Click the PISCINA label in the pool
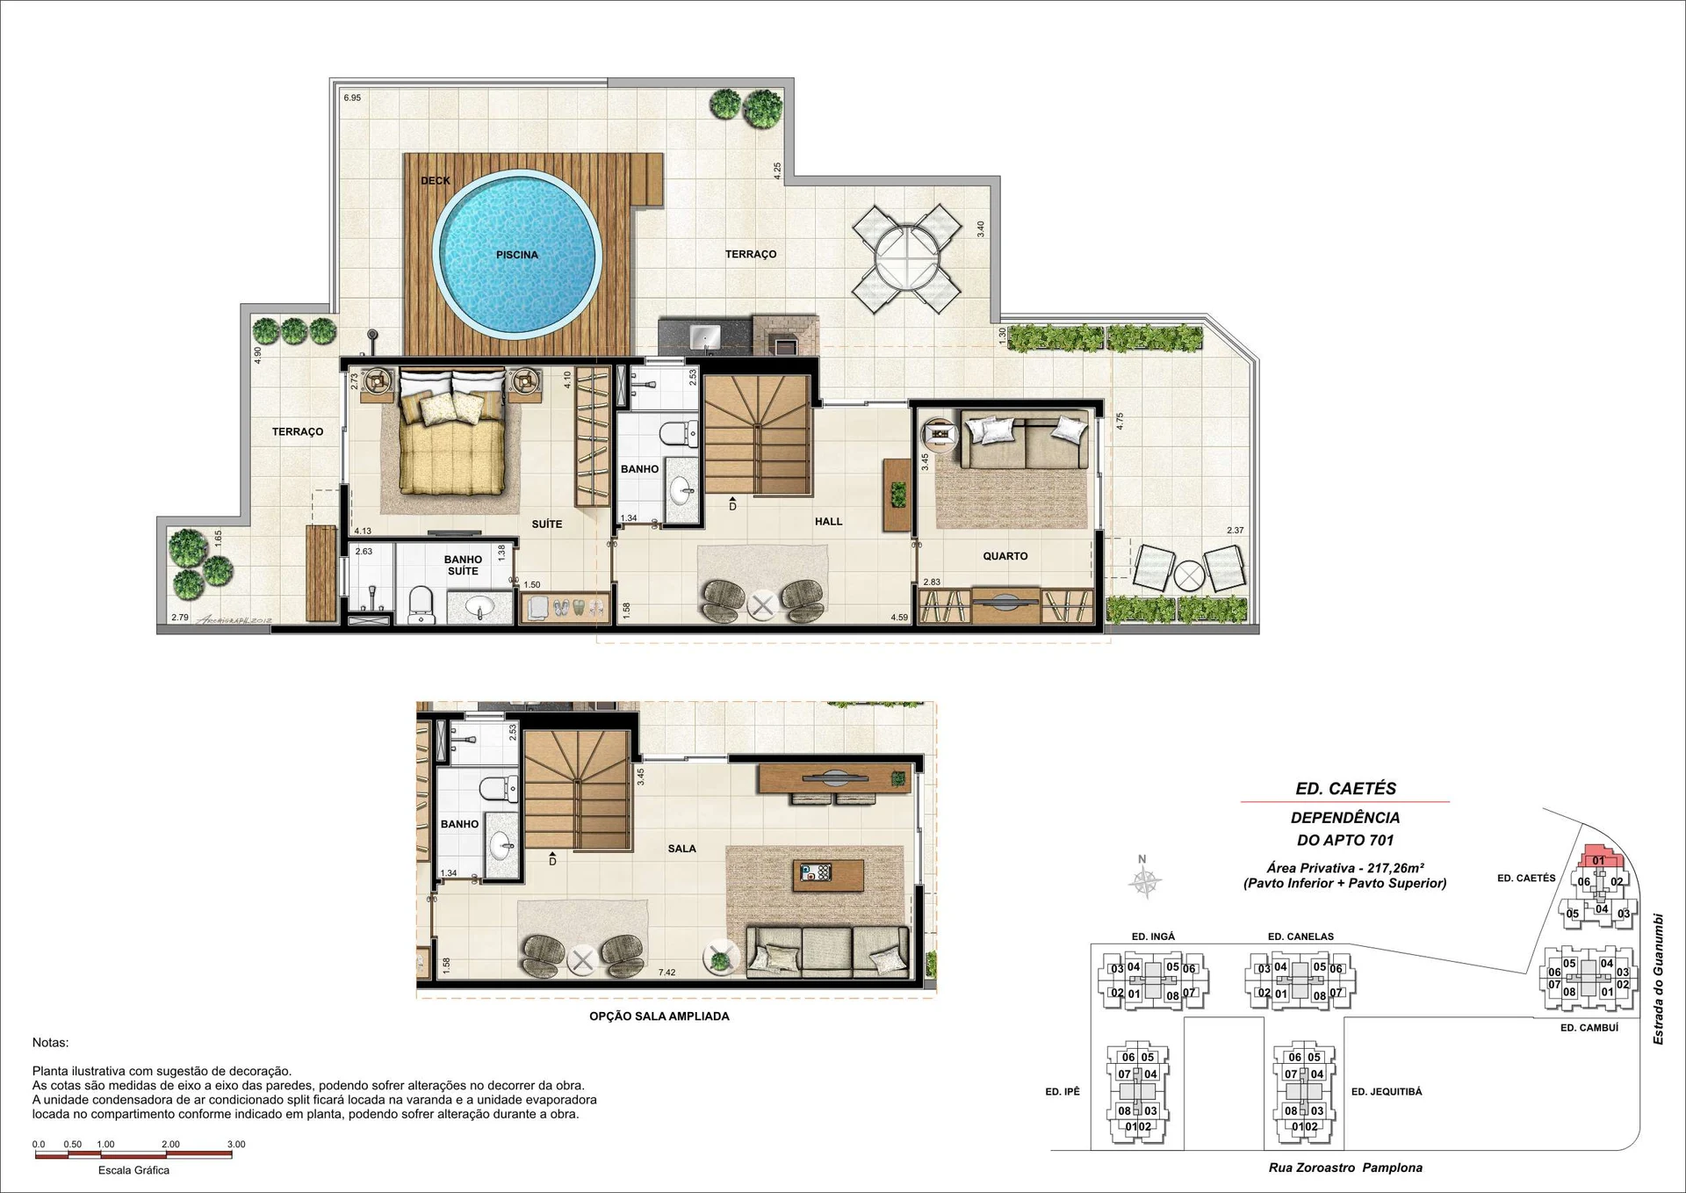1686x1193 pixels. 516,255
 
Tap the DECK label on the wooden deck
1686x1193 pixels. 436,181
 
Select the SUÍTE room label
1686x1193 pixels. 547,524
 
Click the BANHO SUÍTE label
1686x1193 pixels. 463,565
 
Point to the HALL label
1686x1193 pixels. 828,522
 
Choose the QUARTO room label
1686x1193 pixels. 1005,556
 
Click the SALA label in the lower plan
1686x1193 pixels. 681,849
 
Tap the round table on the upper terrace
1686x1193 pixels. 907,258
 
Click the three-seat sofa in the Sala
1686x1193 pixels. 828,951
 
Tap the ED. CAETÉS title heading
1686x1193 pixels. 1345,789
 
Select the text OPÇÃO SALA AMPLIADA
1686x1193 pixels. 659,1016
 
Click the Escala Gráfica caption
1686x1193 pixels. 133,1170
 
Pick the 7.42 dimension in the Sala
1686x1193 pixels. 666,972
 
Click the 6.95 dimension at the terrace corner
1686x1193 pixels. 352,98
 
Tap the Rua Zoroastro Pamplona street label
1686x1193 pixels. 1345,1168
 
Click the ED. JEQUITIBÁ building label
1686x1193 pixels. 1386,1092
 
